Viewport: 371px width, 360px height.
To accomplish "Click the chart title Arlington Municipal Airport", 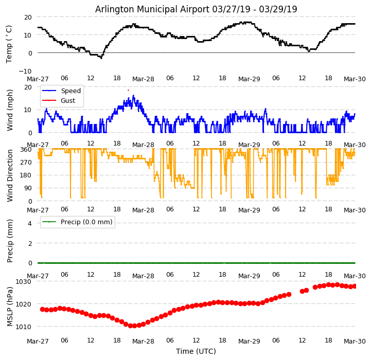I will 196,9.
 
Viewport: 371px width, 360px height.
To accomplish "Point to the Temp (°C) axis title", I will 9,44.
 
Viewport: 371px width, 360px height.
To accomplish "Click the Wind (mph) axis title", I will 10,110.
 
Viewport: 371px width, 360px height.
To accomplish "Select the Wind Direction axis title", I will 10,175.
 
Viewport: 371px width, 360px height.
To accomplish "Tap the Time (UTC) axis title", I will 196,351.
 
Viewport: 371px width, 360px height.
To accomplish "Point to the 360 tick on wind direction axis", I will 26,150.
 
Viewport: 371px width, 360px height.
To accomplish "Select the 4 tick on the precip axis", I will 30,223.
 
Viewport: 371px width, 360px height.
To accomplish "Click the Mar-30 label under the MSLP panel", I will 355,341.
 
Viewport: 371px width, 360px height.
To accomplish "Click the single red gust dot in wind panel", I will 128,90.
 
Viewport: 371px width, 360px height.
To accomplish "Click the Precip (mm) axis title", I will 10,240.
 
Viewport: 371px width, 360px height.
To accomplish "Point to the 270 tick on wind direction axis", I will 26,163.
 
